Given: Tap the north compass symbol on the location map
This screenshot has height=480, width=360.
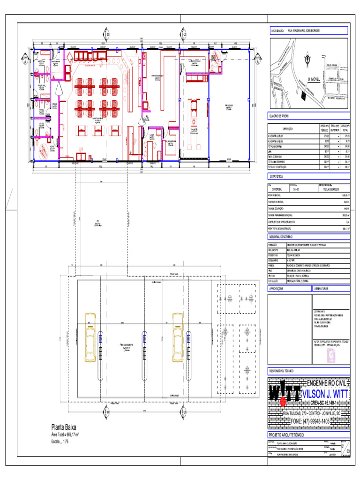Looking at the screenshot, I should (x=307, y=59).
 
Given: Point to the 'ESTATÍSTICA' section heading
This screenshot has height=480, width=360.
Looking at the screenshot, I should (x=276, y=177).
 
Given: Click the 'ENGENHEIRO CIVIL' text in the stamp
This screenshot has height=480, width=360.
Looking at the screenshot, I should (x=326, y=383).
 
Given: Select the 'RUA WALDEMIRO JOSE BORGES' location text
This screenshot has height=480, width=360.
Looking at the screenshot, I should (x=304, y=30).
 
